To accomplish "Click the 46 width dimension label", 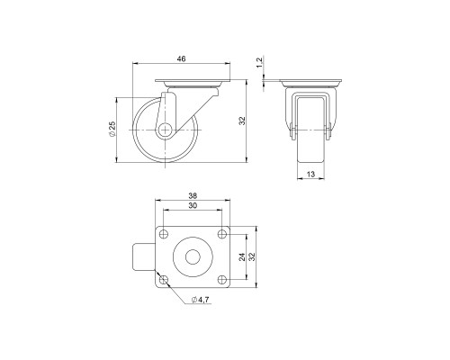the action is pyautogui.click(x=181, y=58).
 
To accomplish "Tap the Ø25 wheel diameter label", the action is pyautogui.click(x=112, y=130).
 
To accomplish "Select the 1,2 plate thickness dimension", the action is pyautogui.click(x=260, y=62).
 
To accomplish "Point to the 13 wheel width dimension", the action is pyautogui.click(x=311, y=174).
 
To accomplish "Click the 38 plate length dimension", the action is pyautogui.click(x=193, y=196).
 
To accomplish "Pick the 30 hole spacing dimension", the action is pyautogui.click(x=193, y=206).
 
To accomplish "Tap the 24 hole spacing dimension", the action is pyautogui.click(x=242, y=257).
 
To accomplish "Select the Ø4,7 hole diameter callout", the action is pyautogui.click(x=200, y=300).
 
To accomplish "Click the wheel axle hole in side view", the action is pyautogui.click(x=165, y=130).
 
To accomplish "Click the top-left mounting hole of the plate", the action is pyautogui.click(x=164, y=234).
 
